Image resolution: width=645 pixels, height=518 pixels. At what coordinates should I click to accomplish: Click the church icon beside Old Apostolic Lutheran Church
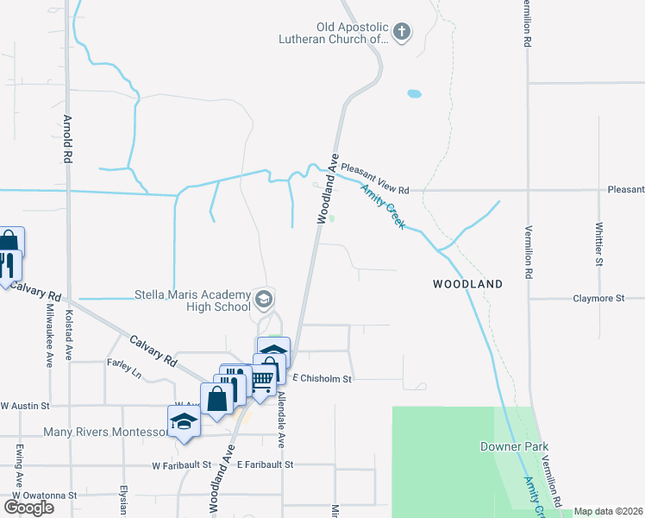(401, 33)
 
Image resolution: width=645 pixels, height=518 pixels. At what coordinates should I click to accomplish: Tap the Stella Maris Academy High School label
(192, 300)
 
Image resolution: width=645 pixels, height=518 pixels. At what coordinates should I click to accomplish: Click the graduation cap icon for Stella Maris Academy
(265, 300)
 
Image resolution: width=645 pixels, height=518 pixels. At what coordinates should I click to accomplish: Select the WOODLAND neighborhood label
(467, 284)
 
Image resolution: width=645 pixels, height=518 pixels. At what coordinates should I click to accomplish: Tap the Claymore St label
(598, 299)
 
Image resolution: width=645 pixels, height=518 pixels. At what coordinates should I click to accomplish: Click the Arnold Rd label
(66, 138)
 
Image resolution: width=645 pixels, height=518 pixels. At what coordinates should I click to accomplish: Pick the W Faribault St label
(182, 464)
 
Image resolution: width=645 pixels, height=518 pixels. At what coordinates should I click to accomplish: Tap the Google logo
(28, 508)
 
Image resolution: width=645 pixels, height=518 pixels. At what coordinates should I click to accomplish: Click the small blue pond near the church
(415, 93)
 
